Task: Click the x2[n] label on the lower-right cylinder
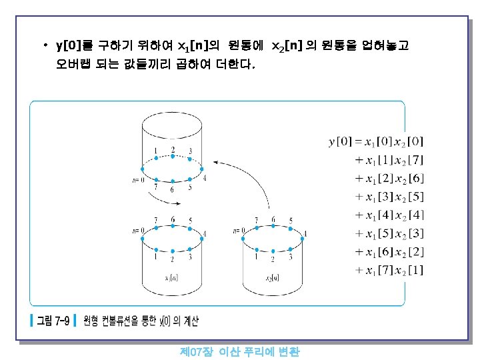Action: [x=273, y=277]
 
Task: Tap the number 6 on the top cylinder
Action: [x=172, y=189]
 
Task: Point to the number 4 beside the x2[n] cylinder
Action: [x=305, y=233]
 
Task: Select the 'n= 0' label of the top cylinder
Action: [x=139, y=179]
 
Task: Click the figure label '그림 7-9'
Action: [x=53, y=321]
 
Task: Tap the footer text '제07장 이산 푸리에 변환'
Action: [x=240, y=351]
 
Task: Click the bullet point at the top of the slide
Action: [x=45, y=46]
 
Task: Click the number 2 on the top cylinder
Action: [x=173, y=149]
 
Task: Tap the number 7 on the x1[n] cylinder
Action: [x=155, y=220]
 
